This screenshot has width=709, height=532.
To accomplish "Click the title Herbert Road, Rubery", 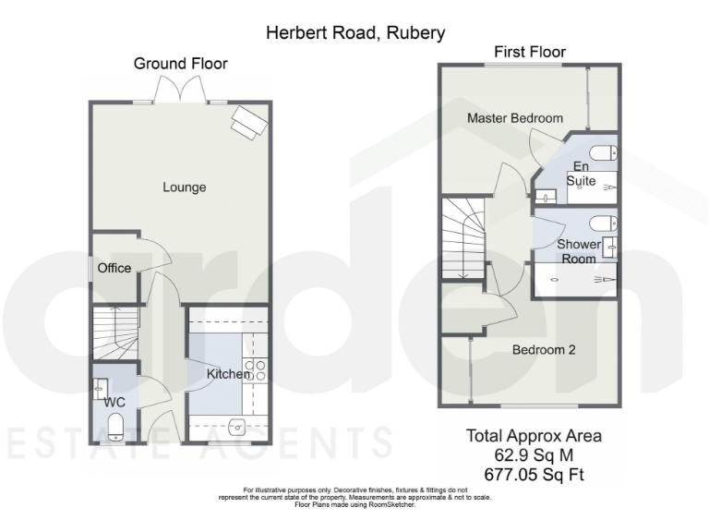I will coord(355,33).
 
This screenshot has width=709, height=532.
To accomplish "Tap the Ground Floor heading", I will coord(181,64).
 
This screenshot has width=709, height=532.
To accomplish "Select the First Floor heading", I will coord(530,52).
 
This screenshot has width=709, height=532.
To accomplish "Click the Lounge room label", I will coord(185,187).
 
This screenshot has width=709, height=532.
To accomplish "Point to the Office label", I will coord(114,269).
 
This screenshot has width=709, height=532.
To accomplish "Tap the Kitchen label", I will coord(228,374).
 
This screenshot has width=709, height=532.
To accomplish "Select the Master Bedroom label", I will coord(515,119).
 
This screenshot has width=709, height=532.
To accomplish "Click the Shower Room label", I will coord(579,251).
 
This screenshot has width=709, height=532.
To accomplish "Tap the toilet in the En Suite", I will coord(601,153).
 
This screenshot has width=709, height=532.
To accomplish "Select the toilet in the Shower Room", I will coord(602,223).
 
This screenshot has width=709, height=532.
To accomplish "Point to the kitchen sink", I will coord(236,427).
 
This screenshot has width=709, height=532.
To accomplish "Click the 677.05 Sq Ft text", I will coord(534,476).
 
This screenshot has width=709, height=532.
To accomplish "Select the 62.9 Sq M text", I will coord(534,455).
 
